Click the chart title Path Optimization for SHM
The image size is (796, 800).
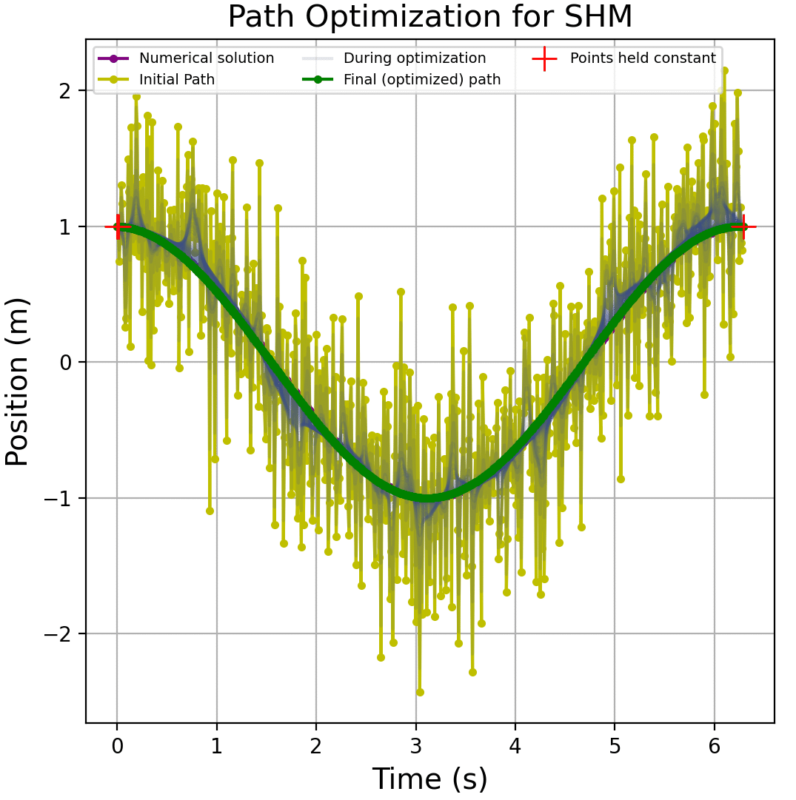429,17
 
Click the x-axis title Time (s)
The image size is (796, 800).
429,779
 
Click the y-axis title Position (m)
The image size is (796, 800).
18,381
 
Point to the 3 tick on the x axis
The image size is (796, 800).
415,724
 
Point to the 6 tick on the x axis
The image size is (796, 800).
715,724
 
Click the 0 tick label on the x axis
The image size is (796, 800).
117,744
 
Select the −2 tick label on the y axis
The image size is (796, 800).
61,633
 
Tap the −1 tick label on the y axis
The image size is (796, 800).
61,498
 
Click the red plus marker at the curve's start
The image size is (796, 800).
117,226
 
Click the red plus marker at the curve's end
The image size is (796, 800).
740,226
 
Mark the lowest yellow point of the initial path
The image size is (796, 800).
420,692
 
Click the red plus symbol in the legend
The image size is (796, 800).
544,58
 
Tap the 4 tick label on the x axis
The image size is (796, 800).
515,744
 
